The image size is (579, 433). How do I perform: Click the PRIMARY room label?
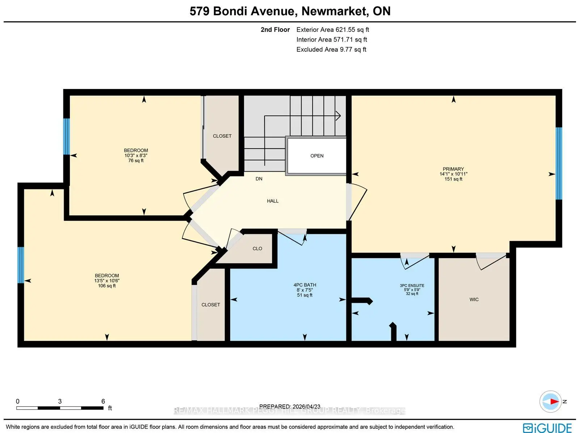tap(453, 169)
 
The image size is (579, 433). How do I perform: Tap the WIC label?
tap(474, 299)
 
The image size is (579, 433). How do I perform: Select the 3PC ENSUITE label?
tap(412, 286)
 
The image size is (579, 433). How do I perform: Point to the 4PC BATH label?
tap(305, 285)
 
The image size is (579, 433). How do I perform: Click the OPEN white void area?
tap(317, 156)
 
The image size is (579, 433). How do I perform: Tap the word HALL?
tap(273, 201)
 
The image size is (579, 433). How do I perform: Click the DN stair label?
tap(259, 179)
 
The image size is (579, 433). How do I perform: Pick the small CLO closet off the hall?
tap(257, 248)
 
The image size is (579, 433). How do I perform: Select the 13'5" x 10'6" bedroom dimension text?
tap(107, 280)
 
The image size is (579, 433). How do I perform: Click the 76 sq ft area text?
tap(136, 160)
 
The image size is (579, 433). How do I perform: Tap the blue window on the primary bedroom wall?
tap(559, 163)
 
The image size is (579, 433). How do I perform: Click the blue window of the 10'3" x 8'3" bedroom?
tap(66, 137)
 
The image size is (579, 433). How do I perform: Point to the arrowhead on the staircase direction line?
tap(338, 116)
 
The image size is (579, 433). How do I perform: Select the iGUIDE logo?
tap(547, 428)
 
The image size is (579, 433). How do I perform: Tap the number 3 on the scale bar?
tap(60, 401)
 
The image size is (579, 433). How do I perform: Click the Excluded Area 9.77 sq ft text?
tap(331, 50)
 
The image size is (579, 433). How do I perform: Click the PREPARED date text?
tap(290, 407)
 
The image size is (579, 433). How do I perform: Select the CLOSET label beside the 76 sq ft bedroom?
tap(222, 136)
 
